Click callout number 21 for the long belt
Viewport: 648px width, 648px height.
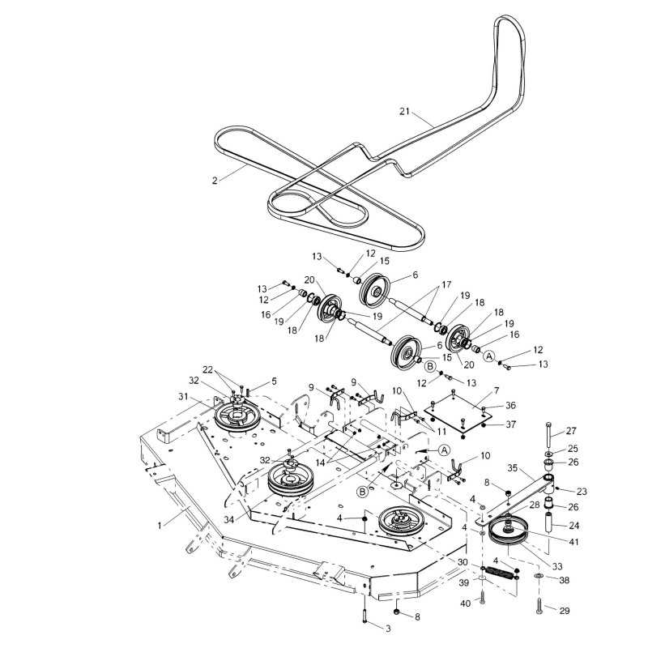(404, 111)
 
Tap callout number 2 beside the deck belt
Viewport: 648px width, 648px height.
(215, 181)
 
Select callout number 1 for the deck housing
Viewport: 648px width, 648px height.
(160, 526)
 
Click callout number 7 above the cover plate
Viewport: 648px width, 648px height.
(497, 390)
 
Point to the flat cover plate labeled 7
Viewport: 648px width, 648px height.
(458, 413)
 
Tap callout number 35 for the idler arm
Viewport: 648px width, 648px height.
(513, 468)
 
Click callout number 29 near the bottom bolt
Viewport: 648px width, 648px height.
(565, 611)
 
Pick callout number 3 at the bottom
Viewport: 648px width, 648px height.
(388, 629)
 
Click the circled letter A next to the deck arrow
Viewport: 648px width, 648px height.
(444, 450)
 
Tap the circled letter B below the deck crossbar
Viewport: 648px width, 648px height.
(362, 492)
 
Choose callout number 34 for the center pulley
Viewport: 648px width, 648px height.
(229, 519)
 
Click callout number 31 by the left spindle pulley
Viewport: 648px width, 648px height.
(183, 397)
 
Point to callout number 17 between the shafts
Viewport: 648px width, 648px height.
(446, 285)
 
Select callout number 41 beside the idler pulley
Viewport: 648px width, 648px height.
(573, 541)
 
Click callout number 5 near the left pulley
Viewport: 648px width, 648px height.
(274, 382)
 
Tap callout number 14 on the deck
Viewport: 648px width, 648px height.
(320, 463)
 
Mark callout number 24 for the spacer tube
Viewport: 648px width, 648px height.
(573, 526)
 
